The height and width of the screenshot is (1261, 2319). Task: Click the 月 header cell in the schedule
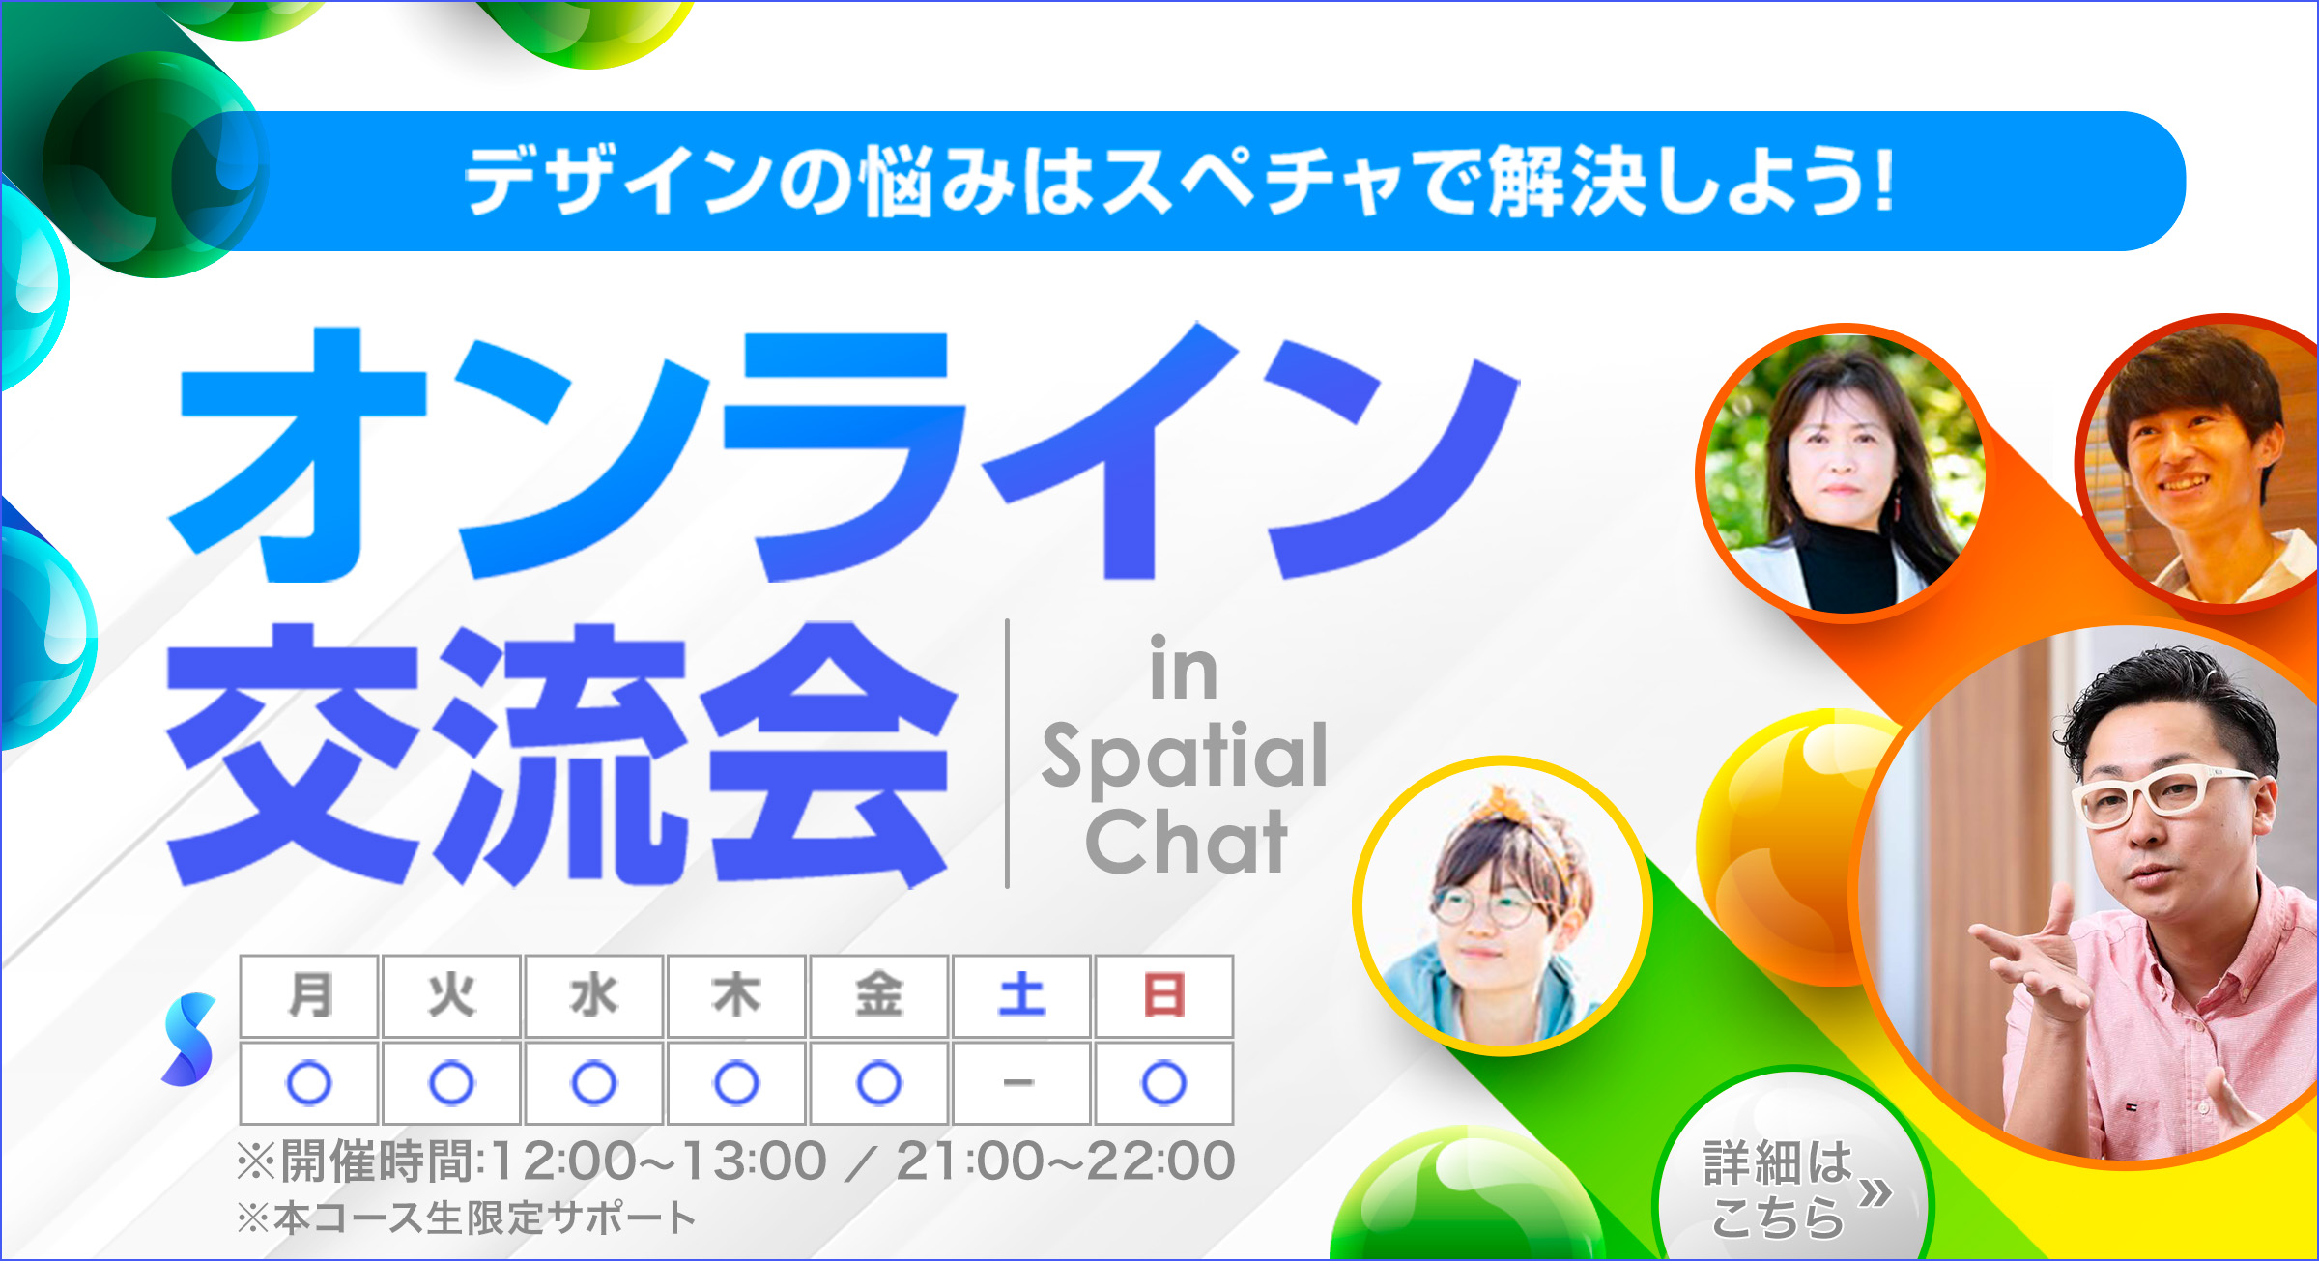(x=309, y=996)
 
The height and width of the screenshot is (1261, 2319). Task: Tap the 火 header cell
(x=451, y=996)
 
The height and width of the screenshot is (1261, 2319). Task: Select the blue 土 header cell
(x=1021, y=996)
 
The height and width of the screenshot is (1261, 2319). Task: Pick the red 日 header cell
(x=1163, y=996)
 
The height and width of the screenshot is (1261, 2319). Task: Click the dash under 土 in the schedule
(x=1018, y=1082)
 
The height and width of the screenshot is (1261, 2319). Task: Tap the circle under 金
(x=878, y=1083)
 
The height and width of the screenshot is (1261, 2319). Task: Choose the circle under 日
(x=1163, y=1083)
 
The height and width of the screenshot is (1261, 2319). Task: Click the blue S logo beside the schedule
(x=188, y=1039)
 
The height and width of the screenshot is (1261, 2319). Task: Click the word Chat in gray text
(x=1187, y=842)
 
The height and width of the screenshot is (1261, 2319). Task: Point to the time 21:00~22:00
(x=1066, y=1161)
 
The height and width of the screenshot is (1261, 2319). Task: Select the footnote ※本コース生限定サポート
(x=467, y=1218)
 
